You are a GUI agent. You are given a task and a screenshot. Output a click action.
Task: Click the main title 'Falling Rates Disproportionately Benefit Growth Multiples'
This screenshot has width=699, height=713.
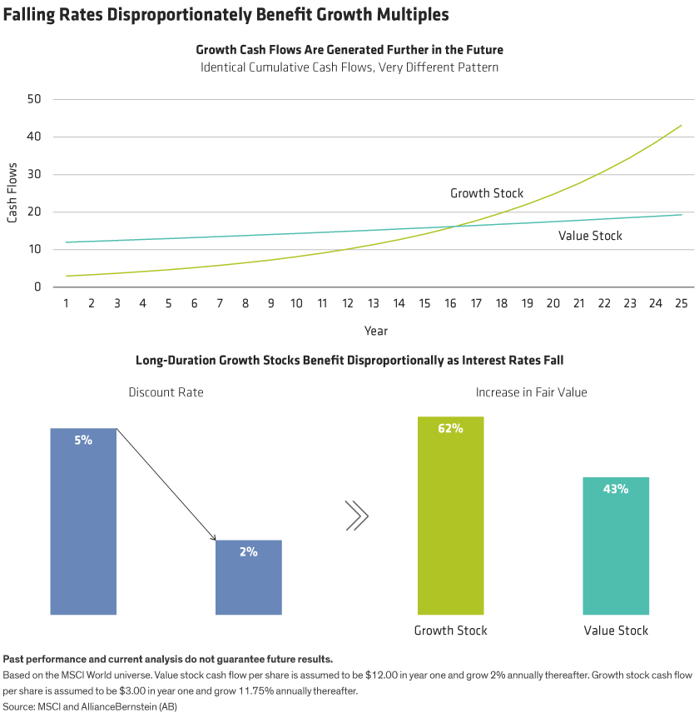tap(226, 14)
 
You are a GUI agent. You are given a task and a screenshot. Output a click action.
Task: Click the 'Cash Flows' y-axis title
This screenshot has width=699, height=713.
tap(12, 193)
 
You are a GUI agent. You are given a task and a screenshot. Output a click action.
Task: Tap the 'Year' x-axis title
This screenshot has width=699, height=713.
tap(375, 331)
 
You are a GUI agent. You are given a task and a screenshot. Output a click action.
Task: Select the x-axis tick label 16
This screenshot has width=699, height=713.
tap(451, 304)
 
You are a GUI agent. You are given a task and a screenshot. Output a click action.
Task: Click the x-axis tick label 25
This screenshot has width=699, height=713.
tap(682, 304)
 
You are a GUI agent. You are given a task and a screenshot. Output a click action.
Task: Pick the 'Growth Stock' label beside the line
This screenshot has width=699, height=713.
tap(487, 193)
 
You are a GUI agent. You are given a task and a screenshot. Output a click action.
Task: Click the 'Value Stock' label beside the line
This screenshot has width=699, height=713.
tap(590, 236)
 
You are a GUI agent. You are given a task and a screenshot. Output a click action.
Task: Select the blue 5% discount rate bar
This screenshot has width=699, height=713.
tap(83, 521)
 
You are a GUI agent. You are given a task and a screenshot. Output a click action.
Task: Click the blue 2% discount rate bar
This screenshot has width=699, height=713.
tap(249, 577)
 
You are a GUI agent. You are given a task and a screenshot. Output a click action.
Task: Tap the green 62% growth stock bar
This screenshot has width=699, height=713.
tap(450, 516)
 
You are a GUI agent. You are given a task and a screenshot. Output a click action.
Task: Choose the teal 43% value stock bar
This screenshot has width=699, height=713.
tap(616, 546)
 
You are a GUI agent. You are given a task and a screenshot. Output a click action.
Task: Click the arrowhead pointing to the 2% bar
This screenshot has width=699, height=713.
tap(213, 538)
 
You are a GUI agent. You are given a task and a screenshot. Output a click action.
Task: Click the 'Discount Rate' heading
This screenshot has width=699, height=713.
tap(165, 392)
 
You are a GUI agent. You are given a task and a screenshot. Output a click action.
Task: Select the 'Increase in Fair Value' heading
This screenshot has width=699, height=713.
tap(531, 392)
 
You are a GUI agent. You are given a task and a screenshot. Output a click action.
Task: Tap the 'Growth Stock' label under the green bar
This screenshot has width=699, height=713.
tap(450, 631)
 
